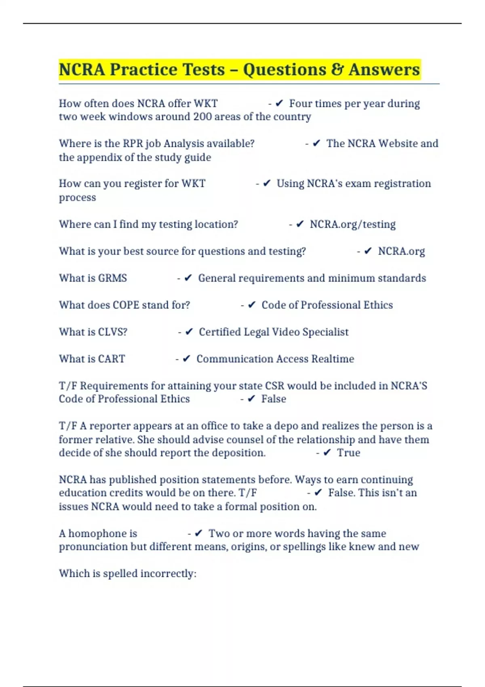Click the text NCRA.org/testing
click(x=352, y=224)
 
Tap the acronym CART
click(x=112, y=359)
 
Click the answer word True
click(x=348, y=453)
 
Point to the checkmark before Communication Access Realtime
click(x=186, y=359)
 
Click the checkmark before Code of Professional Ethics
click(x=251, y=305)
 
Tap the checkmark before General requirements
click(x=188, y=278)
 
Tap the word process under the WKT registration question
click(x=78, y=198)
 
